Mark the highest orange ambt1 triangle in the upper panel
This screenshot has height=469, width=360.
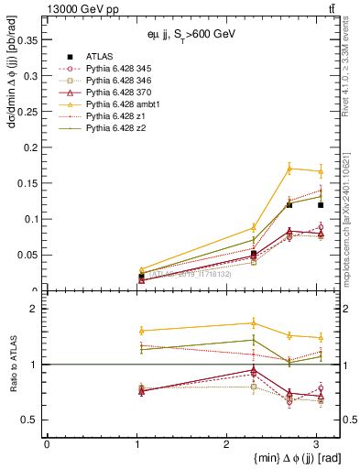click(x=289, y=169)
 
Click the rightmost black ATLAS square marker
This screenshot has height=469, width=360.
click(x=320, y=205)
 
